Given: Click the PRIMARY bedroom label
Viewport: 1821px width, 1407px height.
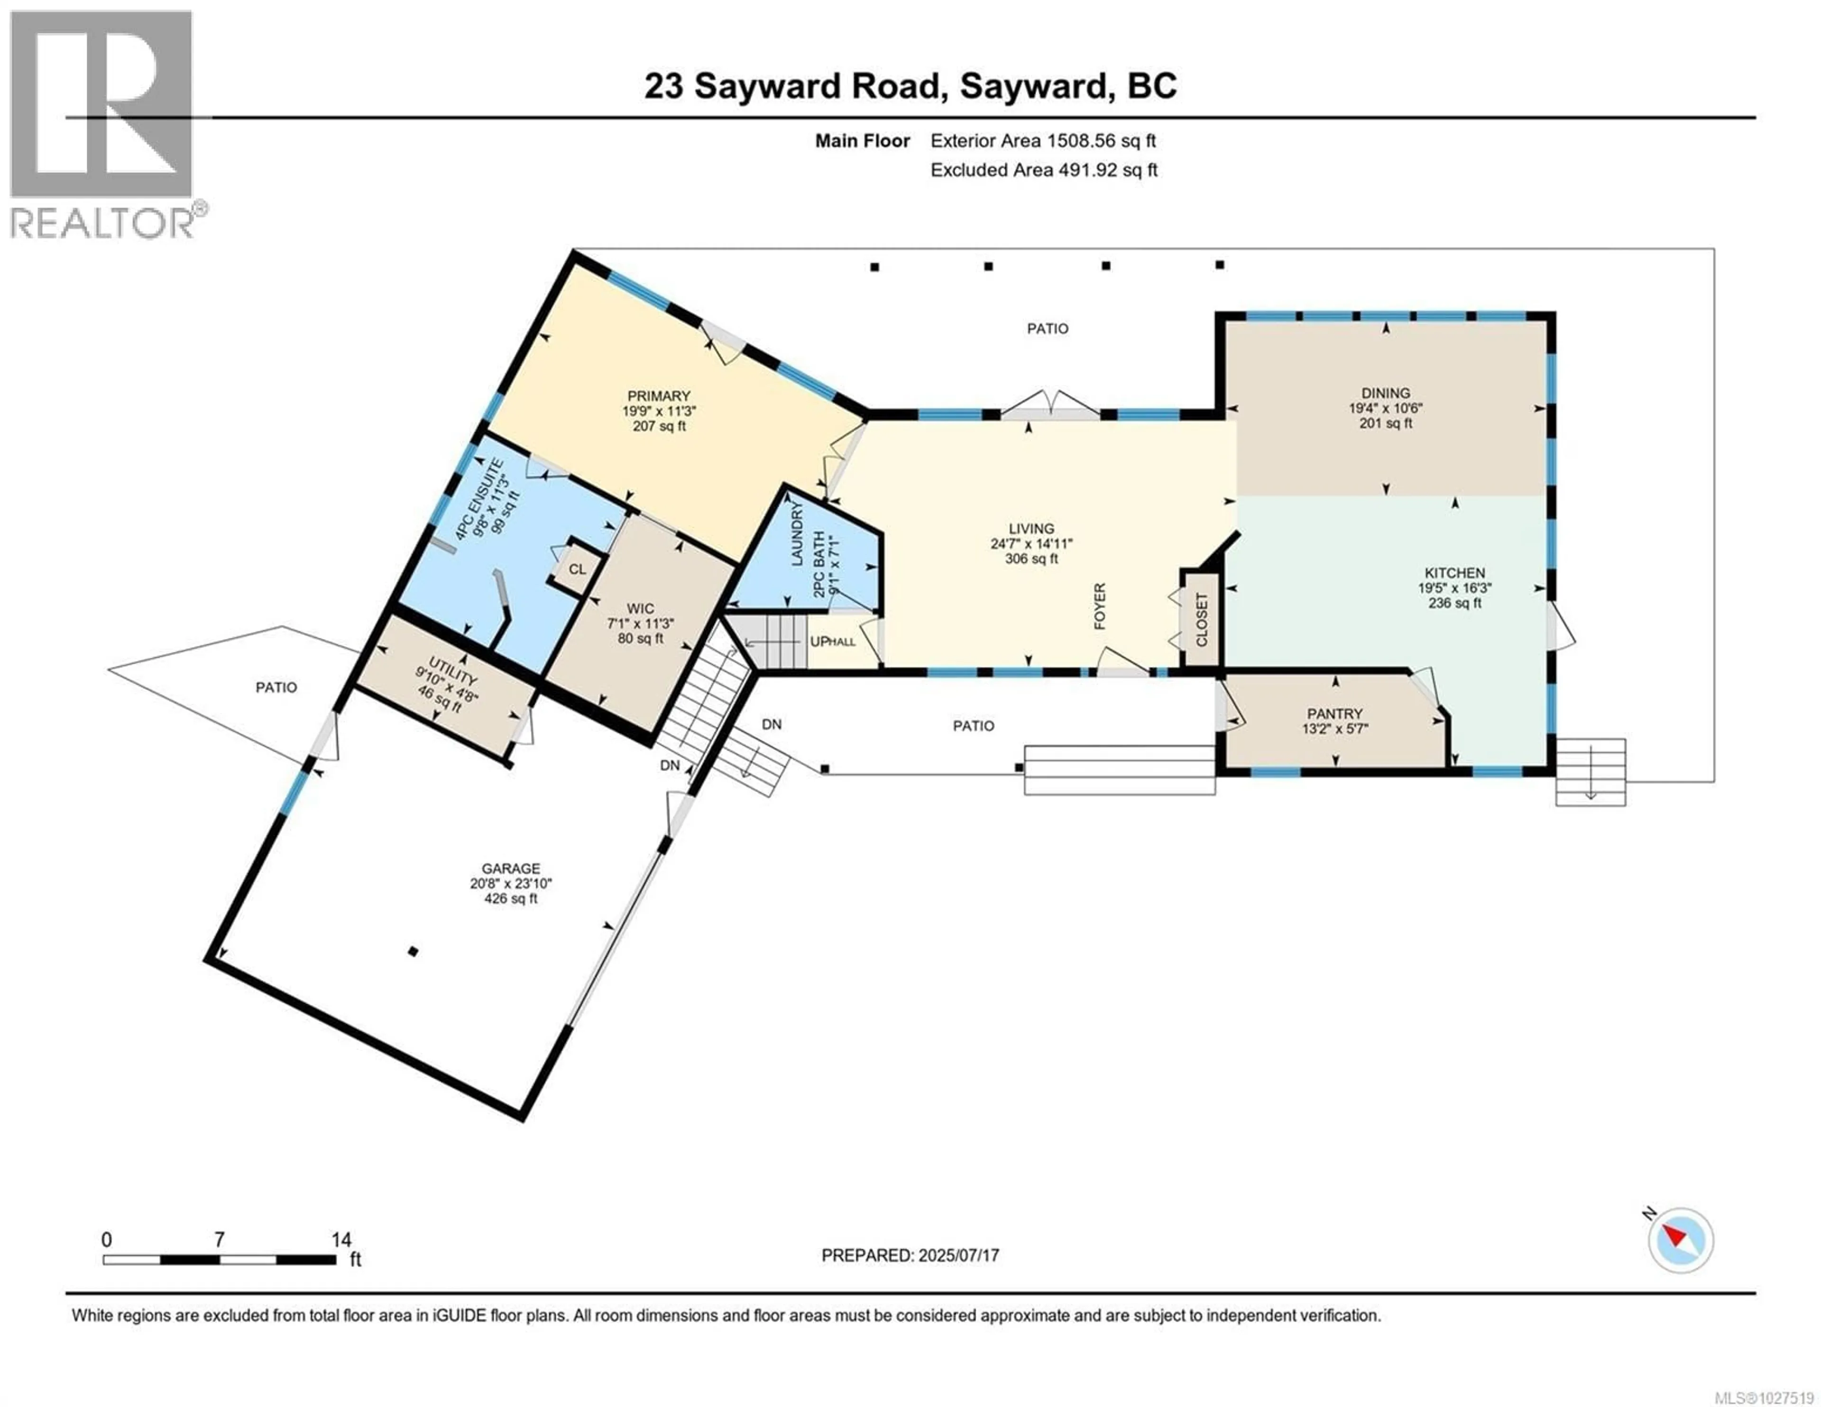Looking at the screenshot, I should tap(659, 396).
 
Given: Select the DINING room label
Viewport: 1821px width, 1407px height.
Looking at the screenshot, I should tap(1386, 393).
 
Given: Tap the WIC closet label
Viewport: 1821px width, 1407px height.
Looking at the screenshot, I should tap(640, 609).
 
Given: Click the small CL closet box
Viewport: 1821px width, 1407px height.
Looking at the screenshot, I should tap(577, 570).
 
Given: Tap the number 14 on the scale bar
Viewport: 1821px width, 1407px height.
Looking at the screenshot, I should tap(341, 1240).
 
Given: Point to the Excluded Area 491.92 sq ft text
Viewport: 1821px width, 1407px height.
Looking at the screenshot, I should tap(1044, 170).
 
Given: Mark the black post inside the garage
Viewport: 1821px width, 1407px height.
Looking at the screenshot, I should tap(412, 951).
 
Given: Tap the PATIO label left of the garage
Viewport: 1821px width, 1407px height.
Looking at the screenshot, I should tap(276, 687).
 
